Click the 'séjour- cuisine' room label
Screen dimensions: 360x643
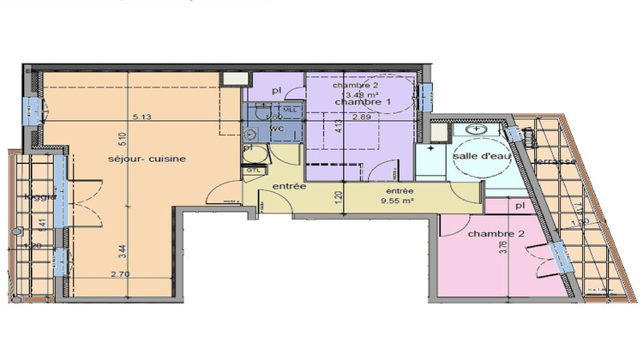click(147, 159)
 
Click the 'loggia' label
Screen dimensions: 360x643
click(40, 195)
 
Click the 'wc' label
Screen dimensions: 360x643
click(276, 129)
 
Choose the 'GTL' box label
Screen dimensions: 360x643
click(254, 170)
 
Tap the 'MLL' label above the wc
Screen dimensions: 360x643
click(289, 110)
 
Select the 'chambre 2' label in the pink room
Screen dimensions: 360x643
click(490, 234)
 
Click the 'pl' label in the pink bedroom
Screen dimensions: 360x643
click(520, 207)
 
